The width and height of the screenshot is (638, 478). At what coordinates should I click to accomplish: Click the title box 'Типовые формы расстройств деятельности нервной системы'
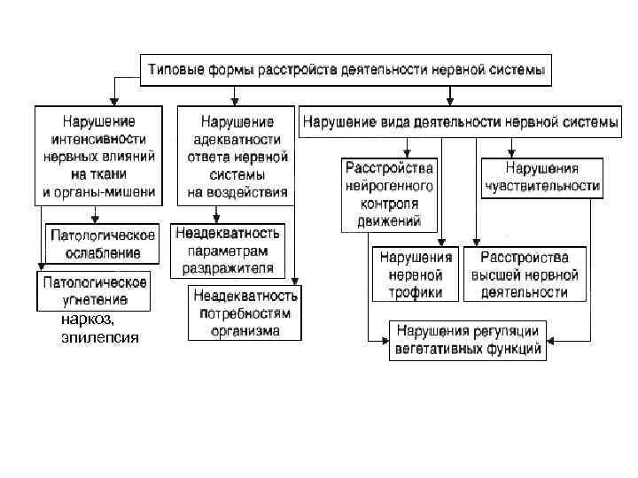(346, 68)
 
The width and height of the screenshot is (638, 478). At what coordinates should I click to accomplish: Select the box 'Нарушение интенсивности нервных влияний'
(99, 156)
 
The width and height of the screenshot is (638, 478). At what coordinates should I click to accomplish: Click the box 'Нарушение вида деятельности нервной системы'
(460, 122)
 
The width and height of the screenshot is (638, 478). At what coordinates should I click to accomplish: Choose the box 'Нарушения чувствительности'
(542, 177)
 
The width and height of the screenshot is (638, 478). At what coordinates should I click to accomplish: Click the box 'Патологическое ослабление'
(103, 244)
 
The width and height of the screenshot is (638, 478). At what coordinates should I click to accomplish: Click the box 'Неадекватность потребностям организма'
(245, 312)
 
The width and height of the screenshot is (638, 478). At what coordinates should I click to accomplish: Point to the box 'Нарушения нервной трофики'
(416, 274)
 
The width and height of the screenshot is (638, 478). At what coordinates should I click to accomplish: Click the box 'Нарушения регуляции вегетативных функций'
(468, 340)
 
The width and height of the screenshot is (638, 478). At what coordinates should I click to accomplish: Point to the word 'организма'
(245, 330)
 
